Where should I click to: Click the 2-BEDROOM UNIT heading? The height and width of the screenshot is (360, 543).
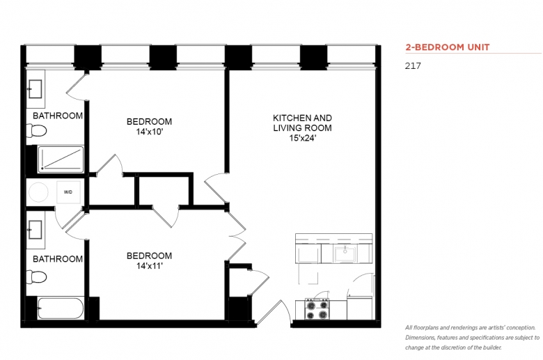tap(448, 47)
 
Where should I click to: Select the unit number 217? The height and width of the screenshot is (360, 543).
tap(413, 66)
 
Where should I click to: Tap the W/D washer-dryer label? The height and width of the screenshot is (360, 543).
tap(68, 192)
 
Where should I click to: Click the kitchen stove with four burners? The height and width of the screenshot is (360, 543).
tap(317, 309)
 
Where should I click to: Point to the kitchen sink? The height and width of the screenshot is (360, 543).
tap(345, 254)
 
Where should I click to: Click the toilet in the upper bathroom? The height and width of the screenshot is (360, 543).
tap(36, 131)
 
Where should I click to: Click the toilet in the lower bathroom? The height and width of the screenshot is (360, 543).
tap(36, 277)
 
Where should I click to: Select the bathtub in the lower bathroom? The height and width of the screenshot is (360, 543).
tap(61, 308)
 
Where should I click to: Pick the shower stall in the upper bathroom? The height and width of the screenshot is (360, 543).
tap(61, 159)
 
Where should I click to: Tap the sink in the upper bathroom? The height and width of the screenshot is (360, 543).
tap(35, 89)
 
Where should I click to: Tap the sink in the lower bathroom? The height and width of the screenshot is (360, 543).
tap(35, 230)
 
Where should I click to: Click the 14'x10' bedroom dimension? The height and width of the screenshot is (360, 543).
tap(149, 132)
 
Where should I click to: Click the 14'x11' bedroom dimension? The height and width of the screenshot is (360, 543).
tap(149, 266)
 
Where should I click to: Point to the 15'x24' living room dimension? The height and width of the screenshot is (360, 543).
tap(303, 138)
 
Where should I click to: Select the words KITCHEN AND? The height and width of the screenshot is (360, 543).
tap(302, 118)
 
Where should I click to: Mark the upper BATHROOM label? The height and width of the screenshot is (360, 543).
tap(58, 116)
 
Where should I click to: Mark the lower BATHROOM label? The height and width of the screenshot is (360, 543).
tap(58, 259)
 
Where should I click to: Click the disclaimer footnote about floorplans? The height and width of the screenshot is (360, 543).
tap(473, 338)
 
